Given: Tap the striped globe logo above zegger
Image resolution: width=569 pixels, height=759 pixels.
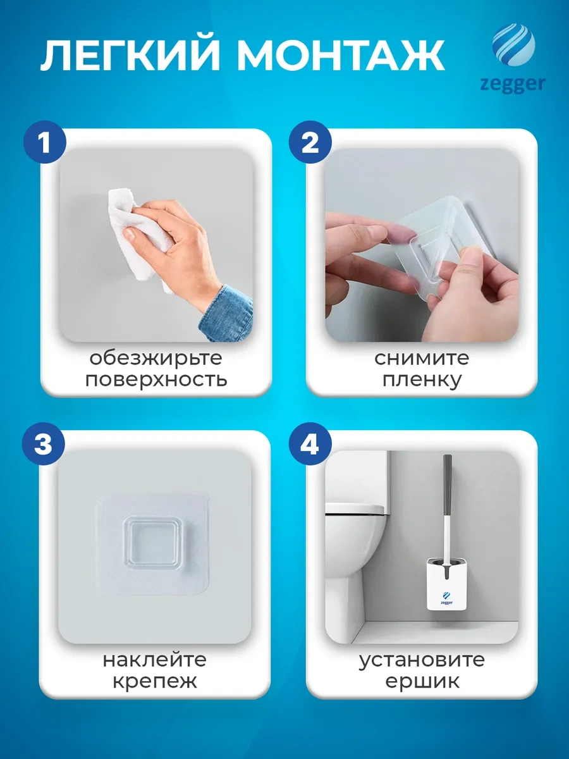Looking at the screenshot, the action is [x=514, y=45].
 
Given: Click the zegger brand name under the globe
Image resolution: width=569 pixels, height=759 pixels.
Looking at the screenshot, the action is [x=513, y=85].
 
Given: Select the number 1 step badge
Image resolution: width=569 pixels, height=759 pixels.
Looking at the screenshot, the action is [x=44, y=142].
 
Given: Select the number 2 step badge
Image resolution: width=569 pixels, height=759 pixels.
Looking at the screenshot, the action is [x=310, y=142].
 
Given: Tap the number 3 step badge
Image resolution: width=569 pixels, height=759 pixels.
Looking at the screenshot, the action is [x=43, y=443].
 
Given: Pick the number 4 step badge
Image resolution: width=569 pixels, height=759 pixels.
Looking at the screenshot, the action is [x=310, y=443].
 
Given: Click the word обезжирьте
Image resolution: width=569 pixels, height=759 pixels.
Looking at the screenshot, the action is [x=156, y=359].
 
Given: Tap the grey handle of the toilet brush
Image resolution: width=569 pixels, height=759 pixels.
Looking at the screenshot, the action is [x=448, y=484].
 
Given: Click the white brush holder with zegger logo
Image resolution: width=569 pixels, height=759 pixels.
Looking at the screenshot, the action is [x=447, y=588].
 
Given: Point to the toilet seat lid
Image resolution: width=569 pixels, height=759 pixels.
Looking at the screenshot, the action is [x=355, y=509].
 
